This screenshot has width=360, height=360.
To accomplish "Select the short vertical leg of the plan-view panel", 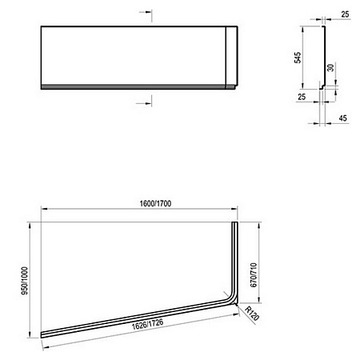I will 235,256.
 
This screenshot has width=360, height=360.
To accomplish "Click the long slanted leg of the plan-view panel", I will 136,318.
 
